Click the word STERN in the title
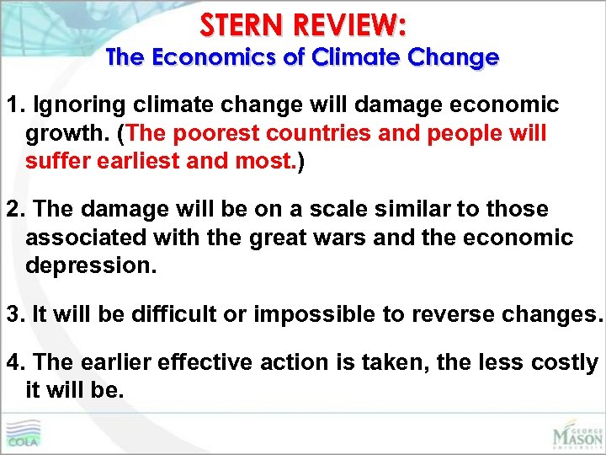pyautogui.click(x=242, y=26)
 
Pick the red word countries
pyautogui.click(x=332, y=133)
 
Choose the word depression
pyautogui.click(x=91, y=266)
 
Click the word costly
pyautogui.click(x=565, y=362)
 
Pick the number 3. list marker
pyautogui.click(x=14, y=315)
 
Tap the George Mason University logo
pyautogui.click(x=577, y=433)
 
